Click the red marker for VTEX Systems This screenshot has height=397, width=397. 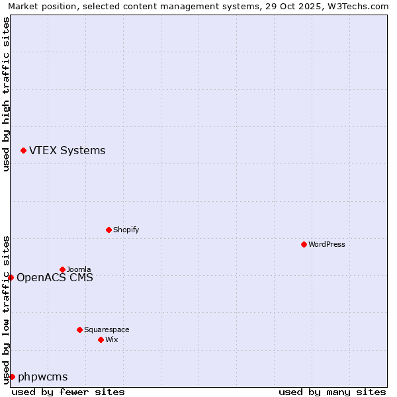23,151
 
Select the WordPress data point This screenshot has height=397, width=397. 304,244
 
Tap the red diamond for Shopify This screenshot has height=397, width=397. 109,230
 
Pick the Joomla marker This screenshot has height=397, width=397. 62,269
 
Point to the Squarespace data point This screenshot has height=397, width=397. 79,330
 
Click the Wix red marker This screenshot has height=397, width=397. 101,339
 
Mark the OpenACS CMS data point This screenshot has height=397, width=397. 11,277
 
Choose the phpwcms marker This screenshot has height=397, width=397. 12,376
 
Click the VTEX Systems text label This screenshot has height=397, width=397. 67,151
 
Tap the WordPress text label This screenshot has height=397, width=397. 327,244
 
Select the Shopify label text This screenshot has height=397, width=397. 126,230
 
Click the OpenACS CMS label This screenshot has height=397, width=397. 54,277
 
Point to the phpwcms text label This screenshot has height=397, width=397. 42,377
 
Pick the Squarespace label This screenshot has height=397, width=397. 107,330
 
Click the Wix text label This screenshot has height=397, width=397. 111,339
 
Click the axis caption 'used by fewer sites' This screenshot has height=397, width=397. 68,392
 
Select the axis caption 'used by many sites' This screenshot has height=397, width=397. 332,392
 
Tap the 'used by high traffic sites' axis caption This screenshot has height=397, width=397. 6,94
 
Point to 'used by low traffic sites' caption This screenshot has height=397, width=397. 6,309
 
